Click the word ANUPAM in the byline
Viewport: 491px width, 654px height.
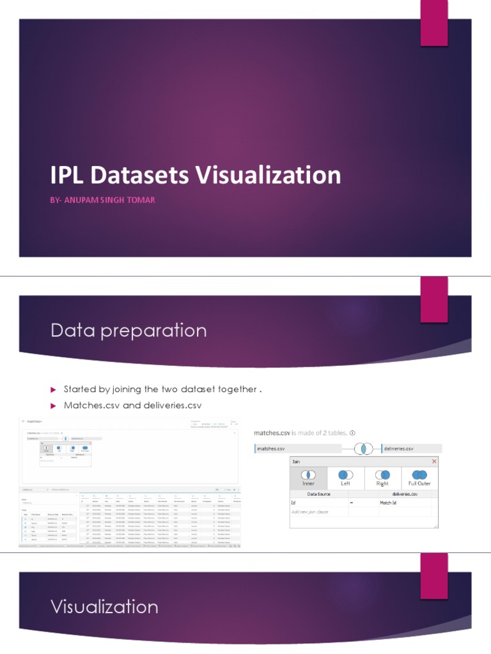click(79, 200)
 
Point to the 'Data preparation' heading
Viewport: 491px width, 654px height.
click(129, 330)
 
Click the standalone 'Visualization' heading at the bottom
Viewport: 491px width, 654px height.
click(104, 606)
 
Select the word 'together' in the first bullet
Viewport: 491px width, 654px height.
click(235, 389)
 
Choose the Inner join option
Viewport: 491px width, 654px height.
click(308, 477)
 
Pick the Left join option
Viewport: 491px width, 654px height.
click(345, 477)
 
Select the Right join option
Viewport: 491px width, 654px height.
click(382, 477)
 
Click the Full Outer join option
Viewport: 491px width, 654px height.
click(419, 477)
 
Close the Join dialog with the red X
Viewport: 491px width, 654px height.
click(434, 461)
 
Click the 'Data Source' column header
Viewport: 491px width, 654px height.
click(318, 494)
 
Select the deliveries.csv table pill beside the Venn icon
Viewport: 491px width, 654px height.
click(399, 449)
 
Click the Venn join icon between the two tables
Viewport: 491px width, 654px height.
click(364, 448)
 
